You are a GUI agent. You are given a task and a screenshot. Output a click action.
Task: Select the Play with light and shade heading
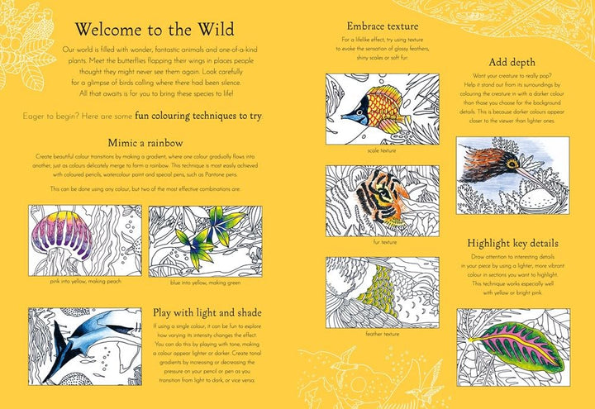[x=207, y=312]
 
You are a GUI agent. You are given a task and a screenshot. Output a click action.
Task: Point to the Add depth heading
[x=510, y=62]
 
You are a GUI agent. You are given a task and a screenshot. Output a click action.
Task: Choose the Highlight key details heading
[x=512, y=243]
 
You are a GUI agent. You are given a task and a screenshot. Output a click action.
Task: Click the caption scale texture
[x=370, y=150]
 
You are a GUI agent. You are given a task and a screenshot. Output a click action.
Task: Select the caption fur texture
[x=370, y=242]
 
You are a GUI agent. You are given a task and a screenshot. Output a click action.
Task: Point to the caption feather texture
[x=370, y=334]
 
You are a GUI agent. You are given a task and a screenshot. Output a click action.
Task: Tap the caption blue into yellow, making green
[x=205, y=283]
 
